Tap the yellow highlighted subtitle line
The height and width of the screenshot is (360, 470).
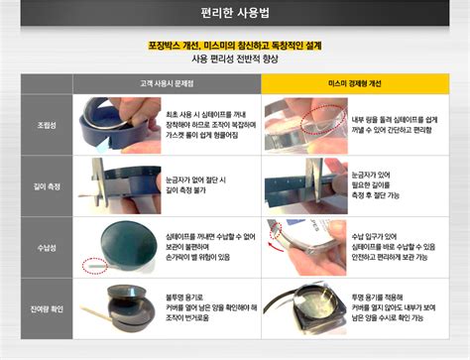(235, 45)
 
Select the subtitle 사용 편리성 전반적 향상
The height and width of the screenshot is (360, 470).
(235, 60)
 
